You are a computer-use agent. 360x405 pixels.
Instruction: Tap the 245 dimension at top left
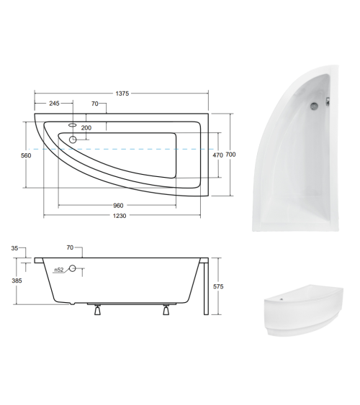click(54, 104)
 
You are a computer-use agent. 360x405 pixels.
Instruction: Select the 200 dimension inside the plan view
click(86, 127)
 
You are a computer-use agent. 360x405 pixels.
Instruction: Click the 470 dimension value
click(217, 154)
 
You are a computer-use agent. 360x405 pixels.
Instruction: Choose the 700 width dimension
click(230, 154)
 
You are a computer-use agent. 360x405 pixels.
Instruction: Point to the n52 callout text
click(60, 270)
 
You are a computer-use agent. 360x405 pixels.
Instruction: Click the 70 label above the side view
click(70, 247)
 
